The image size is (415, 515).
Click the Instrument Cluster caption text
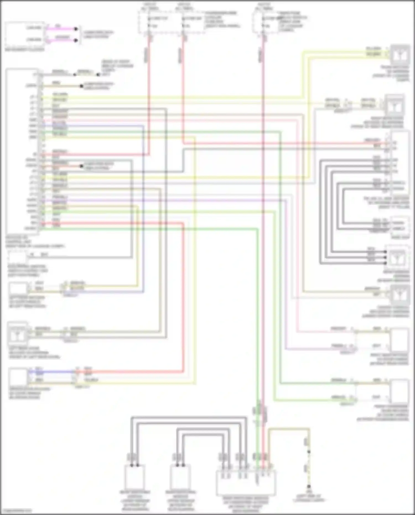[25, 50]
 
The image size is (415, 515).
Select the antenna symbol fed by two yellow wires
[400, 55]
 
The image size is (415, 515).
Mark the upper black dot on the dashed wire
[309, 452]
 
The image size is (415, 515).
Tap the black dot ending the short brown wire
[82, 86]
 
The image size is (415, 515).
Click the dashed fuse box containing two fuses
[172, 23]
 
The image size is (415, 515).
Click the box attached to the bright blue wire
[18, 376]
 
